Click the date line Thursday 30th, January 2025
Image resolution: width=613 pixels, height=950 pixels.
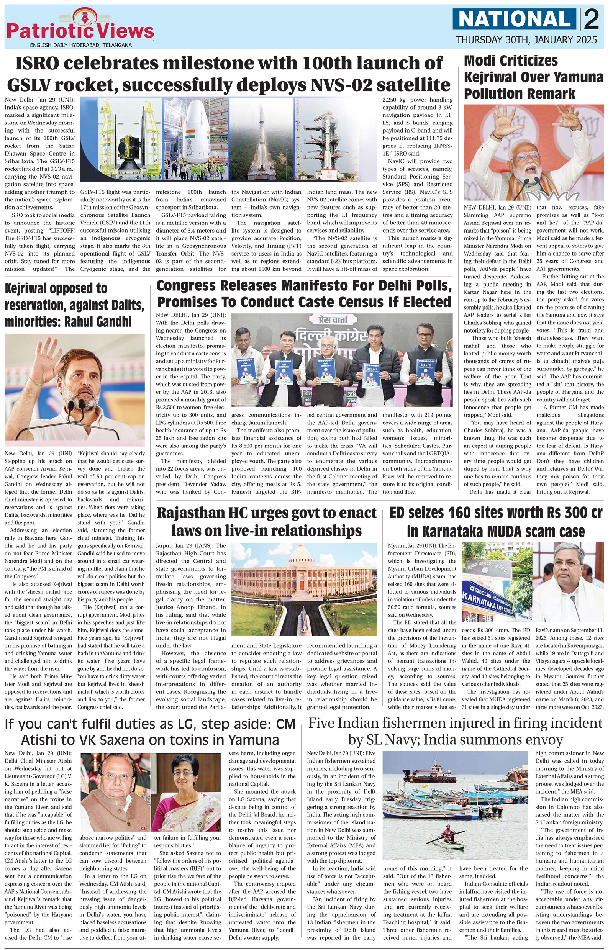point(526,40)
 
